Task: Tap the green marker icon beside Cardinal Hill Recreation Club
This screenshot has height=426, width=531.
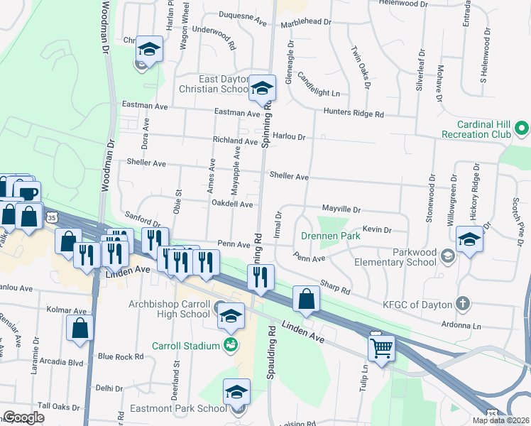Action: [522, 129]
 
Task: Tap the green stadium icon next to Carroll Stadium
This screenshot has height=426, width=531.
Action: [230, 346]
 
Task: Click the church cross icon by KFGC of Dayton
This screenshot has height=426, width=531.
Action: [464, 304]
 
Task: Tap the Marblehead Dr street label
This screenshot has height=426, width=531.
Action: [306, 22]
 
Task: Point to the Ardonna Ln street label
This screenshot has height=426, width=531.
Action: [462, 325]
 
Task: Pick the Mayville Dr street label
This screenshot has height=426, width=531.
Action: [332, 210]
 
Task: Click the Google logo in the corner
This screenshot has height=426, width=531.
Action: [23, 417]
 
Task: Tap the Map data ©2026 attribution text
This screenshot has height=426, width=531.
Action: [500, 420]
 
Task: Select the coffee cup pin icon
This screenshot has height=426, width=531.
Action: [28, 193]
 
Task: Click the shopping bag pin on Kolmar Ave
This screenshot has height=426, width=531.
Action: [80, 329]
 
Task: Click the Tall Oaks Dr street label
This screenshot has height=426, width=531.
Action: [59, 406]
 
